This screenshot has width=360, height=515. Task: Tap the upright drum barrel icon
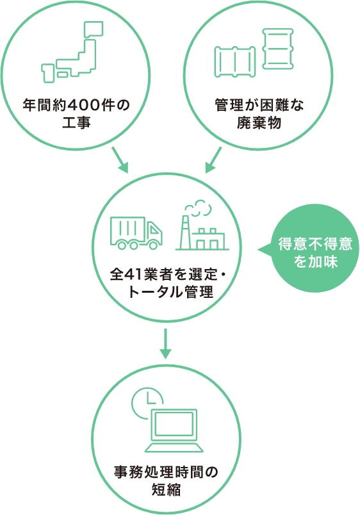(278, 49)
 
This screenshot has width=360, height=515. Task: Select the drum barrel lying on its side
(235, 62)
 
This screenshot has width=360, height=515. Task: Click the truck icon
(136, 233)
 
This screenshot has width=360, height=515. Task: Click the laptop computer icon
(174, 430)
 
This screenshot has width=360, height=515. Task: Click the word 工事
(76, 123)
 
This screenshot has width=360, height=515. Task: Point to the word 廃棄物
(259, 123)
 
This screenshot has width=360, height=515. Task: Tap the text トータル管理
(170, 292)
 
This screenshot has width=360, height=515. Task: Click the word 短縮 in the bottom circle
(166, 489)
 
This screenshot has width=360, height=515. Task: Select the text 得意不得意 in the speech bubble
(315, 244)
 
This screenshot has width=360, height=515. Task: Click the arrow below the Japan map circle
(120, 159)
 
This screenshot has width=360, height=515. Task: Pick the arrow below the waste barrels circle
(213, 159)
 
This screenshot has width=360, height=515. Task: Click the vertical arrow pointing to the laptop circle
(166, 344)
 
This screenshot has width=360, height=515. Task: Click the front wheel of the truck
(152, 245)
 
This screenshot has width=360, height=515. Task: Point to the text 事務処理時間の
(166, 472)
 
